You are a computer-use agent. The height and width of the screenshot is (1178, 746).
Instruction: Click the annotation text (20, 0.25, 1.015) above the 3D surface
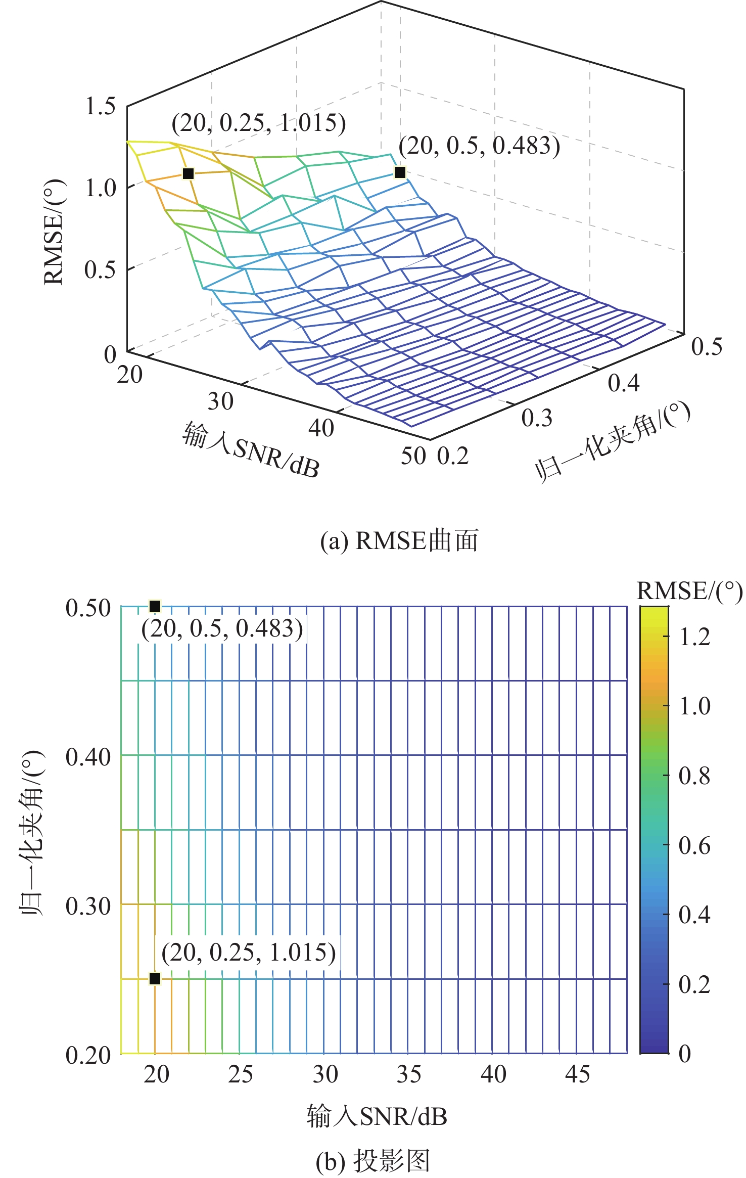259,123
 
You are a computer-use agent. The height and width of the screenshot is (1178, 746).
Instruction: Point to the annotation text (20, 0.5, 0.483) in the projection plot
222,629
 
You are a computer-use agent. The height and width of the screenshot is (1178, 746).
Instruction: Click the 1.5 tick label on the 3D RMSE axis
100,106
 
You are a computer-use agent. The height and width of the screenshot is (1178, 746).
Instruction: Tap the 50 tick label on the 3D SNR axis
413,456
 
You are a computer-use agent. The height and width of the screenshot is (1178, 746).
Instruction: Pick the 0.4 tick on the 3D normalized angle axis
624,383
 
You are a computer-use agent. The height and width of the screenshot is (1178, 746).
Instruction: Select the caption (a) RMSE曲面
399,540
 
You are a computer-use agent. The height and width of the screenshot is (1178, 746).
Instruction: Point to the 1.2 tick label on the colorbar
694,637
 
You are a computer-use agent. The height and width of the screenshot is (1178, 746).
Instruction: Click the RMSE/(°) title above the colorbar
689,591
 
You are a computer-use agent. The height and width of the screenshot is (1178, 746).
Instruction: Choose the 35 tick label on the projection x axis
409,1074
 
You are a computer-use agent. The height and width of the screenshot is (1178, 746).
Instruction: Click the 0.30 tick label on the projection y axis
88,907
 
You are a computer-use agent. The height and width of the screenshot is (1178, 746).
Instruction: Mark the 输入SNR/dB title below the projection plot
377,1116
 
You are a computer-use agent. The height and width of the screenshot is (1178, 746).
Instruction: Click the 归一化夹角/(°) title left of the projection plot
31,833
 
